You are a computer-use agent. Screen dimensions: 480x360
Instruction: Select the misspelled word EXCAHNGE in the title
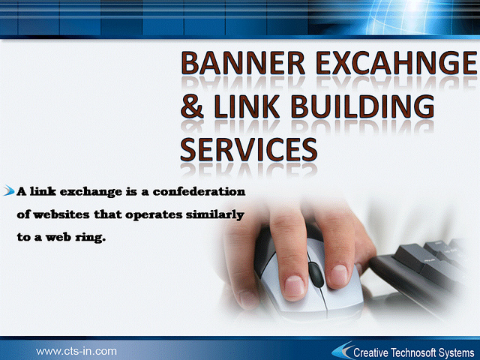pyautogui.click(x=397, y=63)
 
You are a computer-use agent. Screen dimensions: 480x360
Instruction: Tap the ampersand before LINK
pyautogui.click(x=192, y=106)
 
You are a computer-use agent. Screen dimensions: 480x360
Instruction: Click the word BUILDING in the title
pyautogui.click(x=362, y=106)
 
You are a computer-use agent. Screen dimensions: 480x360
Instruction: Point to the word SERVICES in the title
pyautogui.click(x=248, y=149)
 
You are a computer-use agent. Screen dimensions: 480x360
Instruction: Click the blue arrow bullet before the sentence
pyautogui.click(x=9, y=190)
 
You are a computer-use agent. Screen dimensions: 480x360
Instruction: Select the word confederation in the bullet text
pyautogui.click(x=199, y=192)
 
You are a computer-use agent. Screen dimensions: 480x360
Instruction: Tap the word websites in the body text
pyautogui.click(x=61, y=214)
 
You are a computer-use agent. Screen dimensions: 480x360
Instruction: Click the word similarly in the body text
pyautogui.click(x=215, y=215)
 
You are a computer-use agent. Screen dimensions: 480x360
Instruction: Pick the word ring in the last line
pyautogui.click(x=90, y=238)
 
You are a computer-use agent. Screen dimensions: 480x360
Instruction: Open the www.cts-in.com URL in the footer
pyautogui.click(x=76, y=351)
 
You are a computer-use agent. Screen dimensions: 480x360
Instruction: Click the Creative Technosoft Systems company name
pyautogui.click(x=413, y=352)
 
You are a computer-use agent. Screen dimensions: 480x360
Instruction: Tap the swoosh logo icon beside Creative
pyautogui.click(x=342, y=350)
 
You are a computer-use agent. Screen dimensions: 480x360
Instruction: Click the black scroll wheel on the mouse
pyautogui.click(x=316, y=274)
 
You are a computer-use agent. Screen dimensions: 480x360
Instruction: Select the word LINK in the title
pyautogui.click(x=247, y=106)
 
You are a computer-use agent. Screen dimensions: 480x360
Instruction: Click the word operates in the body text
pyautogui.click(x=154, y=215)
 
